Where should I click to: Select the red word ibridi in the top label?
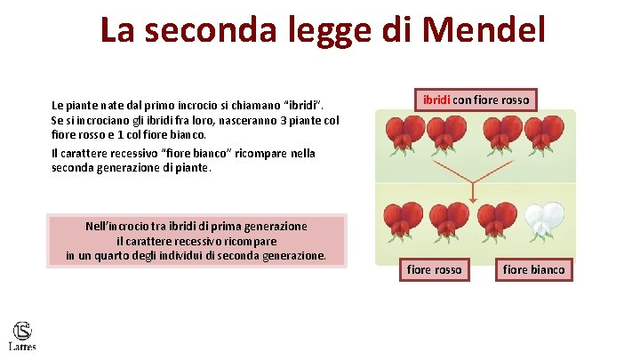(x=436, y=100)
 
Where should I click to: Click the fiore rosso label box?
(x=435, y=269)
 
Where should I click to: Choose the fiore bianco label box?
(x=533, y=269)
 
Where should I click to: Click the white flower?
(x=544, y=221)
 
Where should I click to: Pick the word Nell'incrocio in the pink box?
(x=120, y=226)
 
